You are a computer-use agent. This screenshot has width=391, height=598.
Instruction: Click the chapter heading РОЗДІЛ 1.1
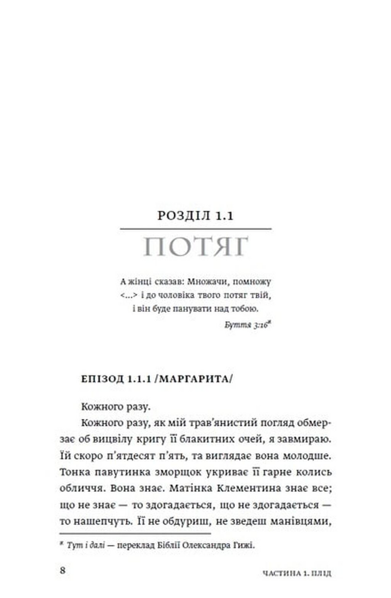[x=195, y=216]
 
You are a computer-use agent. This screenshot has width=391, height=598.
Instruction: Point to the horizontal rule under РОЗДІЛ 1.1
[x=195, y=229]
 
